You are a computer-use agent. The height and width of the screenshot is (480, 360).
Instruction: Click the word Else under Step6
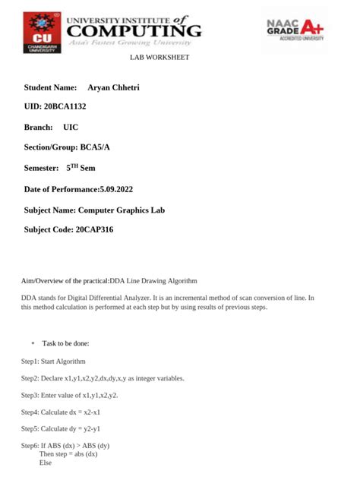coord(45,462)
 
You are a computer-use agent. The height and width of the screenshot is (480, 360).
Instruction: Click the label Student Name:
coord(51,87)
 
